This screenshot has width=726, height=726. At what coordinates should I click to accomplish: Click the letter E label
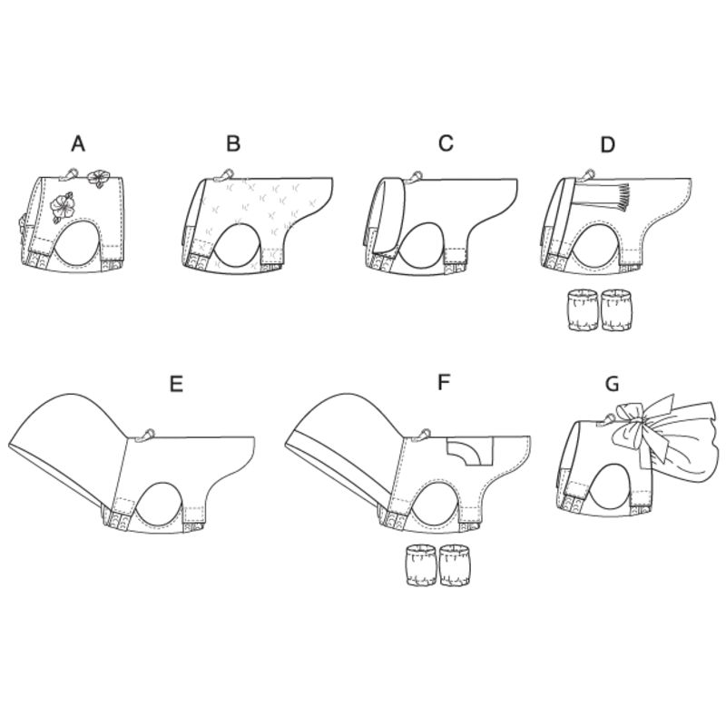click(x=176, y=383)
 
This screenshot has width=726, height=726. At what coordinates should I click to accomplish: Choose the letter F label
click(x=444, y=383)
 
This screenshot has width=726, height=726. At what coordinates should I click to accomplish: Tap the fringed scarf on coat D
click(x=605, y=194)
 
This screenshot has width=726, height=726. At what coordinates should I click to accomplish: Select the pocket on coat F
click(x=468, y=449)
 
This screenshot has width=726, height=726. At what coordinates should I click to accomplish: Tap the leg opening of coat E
click(x=162, y=502)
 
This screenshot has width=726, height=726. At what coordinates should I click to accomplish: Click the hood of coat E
click(x=73, y=436)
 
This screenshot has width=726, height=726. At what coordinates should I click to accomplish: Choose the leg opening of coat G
click(x=614, y=486)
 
